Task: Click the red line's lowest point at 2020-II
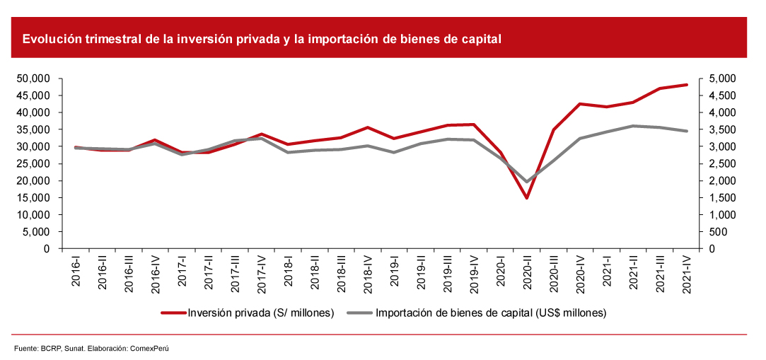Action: coord(526,197)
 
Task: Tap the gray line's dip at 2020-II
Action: coord(526,182)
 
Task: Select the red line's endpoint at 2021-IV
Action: coord(686,85)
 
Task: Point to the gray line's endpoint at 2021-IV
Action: coord(686,131)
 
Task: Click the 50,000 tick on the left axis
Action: coord(33,79)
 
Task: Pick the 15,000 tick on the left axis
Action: coord(33,198)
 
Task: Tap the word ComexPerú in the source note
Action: coord(153,349)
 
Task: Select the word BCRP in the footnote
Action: coord(50,349)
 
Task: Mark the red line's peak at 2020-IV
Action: coord(580,104)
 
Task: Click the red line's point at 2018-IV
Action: coord(367,127)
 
